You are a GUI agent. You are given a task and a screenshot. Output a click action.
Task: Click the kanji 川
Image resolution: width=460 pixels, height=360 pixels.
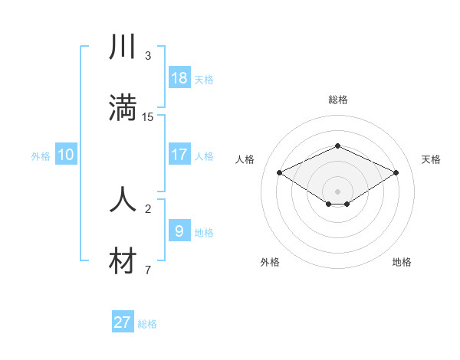pyautogui.click(x=123, y=47)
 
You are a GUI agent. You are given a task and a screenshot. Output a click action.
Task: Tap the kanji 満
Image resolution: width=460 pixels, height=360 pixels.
pyautogui.click(x=123, y=107)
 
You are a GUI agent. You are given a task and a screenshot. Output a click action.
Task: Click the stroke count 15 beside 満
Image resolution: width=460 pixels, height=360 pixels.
pyautogui.click(x=148, y=116)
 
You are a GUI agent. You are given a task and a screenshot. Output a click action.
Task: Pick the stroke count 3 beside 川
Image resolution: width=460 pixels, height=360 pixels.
pyautogui.click(x=148, y=56)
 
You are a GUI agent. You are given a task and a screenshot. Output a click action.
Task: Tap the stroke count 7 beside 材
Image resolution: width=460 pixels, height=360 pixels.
pyautogui.click(x=148, y=270)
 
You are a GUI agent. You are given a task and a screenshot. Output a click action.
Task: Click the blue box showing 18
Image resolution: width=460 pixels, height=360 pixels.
pyautogui.click(x=179, y=77)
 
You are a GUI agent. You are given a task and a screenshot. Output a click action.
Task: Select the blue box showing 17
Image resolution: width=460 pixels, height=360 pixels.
pyautogui.click(x=179, y=154)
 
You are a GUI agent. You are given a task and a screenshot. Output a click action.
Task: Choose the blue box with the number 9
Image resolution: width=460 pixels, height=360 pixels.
pyautogui.click(x=179, y=230)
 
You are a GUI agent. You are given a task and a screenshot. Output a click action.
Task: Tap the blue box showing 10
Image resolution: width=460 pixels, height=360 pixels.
pyautogui.click(x=66, y=155)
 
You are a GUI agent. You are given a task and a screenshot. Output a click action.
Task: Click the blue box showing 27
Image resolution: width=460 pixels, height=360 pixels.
pyautogui.click(x=123, y=322)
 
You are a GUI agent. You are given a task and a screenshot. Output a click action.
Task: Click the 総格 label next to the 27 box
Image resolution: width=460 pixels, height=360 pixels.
pyautogui.click(x=147, y=324)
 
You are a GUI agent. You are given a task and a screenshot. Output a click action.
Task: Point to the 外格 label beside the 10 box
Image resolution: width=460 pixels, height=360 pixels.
pyautogui.click(x=41, y=156)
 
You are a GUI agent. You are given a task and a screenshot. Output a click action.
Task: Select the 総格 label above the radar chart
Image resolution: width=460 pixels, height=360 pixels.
pyautogui.click(x=337, y=100)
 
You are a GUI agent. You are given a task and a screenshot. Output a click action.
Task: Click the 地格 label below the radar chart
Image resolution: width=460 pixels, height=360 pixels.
pyautogui.click(x=402, y=262)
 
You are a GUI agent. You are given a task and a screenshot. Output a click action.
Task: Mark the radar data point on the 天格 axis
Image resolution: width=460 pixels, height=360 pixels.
pyautogui.click(x=396, y=173)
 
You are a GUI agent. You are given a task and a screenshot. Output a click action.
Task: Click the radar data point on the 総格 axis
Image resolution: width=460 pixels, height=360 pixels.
pyautogui.click(x=337, y=145)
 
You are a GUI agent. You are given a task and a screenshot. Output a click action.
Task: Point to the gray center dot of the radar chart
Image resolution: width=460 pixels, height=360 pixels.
pyautogui.click(x=337, y=191)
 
